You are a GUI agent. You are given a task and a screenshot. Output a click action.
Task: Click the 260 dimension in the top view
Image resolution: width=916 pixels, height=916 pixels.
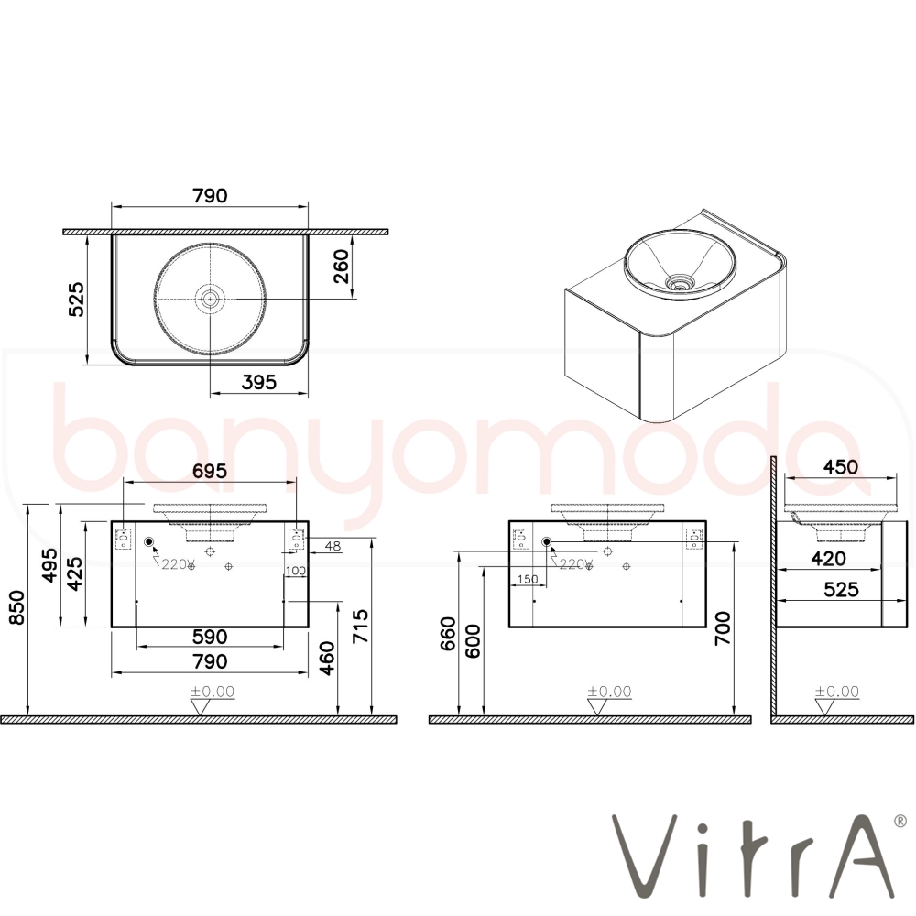341,266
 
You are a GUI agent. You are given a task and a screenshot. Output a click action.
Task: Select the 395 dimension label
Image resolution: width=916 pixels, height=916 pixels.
259,382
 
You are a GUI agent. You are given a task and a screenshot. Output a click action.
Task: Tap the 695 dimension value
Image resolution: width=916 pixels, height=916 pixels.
209,471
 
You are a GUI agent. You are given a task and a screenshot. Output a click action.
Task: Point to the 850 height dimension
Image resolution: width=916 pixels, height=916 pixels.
17,607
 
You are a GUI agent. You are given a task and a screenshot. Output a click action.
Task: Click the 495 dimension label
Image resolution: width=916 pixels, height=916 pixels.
50,565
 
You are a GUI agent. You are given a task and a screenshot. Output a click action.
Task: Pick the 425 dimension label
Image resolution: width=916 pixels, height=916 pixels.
75,573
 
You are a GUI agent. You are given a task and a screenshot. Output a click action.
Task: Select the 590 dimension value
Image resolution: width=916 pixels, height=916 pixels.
210,637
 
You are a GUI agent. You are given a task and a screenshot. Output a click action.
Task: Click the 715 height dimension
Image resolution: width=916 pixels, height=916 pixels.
360,627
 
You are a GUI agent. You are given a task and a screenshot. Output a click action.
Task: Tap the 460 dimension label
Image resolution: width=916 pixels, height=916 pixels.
328,658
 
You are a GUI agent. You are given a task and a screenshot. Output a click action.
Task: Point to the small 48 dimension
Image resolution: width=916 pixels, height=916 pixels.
333,546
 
